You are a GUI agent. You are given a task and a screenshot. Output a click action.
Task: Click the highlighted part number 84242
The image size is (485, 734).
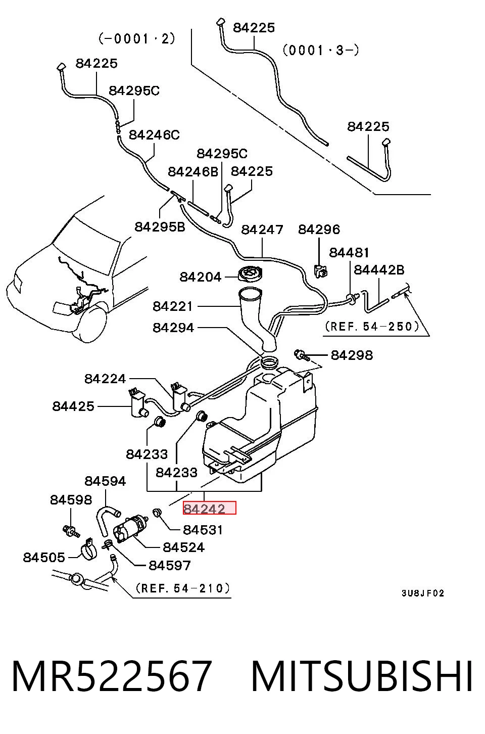coord(204,509)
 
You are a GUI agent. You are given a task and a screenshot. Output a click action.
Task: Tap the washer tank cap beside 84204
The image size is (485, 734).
coord(250,273)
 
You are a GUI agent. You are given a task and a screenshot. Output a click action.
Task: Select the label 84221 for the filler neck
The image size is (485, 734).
coord(173,306)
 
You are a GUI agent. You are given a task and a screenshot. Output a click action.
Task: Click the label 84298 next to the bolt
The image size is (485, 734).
coord(352,355)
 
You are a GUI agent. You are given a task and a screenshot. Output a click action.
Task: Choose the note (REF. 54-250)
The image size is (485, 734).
coord(372,327)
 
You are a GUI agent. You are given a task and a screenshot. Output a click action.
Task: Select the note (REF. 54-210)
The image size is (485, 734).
coord(183,588)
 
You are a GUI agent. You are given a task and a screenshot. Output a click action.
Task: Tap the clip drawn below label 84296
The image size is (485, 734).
coord(320,271)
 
